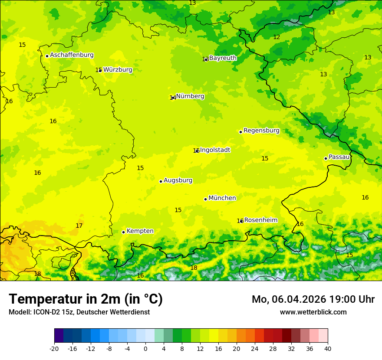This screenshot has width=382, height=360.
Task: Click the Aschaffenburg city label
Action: tap(72, 55)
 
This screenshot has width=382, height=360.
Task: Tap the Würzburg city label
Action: tap(118, 70)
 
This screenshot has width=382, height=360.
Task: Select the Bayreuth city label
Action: tap(223, 58)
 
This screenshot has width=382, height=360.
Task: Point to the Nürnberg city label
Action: tap(190, 96)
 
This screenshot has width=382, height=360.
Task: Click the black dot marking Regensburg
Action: tap(240, 132)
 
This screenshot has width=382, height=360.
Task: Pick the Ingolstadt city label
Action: tap(215, 150)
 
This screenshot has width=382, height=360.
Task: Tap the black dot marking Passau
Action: tap(326, 158)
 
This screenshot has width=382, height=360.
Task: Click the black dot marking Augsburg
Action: tap(161, 181)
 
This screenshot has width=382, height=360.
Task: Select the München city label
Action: tap(222, 198)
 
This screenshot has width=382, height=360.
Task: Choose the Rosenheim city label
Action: tap(260, 220)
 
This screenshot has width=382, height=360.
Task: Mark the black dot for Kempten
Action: tap(123, 232)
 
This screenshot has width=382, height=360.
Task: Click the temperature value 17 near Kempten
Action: tap(79, 226)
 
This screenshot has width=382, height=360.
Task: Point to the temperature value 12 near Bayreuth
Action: tap(277, 37)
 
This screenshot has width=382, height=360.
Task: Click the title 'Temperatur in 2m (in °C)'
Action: tap(86, 299)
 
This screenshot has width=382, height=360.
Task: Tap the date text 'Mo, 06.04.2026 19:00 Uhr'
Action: tap(313, 299)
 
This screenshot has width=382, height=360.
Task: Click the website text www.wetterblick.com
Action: tap(313, 312)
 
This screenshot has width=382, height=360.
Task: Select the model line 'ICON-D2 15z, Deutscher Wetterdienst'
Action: tap(79, 312)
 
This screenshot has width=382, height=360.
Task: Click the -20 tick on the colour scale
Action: tap(54, 348)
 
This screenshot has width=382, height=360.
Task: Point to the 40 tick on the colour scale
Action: tap(327, 348)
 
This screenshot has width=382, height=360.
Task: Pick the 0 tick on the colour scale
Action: tap(145, 348)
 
